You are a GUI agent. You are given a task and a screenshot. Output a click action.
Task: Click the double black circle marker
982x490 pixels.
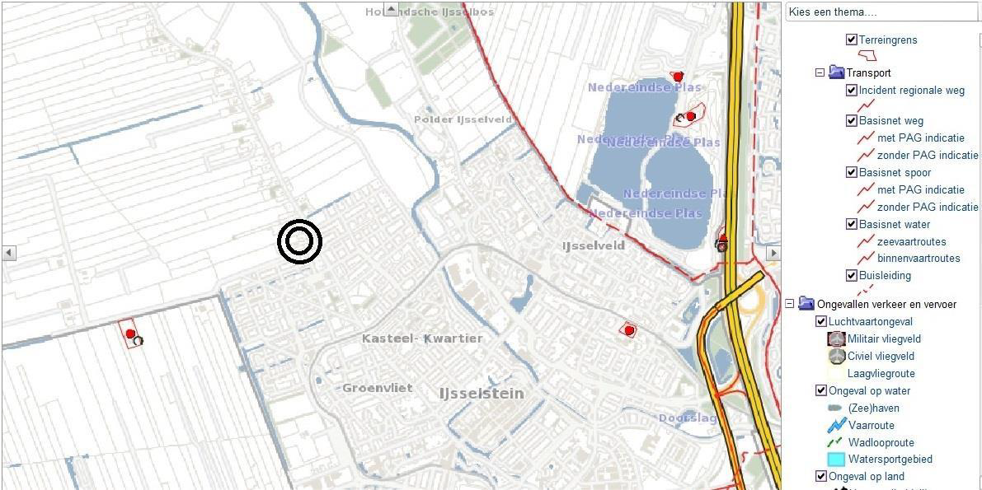299,241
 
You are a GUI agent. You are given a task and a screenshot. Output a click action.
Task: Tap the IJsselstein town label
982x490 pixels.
482,393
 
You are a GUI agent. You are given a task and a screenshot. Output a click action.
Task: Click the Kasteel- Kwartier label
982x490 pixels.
422,338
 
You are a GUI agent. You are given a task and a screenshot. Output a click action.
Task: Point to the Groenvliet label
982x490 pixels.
377,388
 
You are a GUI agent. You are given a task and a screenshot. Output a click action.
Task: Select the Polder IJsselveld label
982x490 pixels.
463,119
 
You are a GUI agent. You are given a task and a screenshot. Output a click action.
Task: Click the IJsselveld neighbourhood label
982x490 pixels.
593,245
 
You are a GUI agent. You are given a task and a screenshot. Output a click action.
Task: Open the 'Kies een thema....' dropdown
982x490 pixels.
882,12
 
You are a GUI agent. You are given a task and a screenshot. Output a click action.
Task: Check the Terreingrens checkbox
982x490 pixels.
852,40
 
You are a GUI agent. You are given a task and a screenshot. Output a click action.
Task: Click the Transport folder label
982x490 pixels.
868,72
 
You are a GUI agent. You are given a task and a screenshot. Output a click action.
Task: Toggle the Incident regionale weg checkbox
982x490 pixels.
852,91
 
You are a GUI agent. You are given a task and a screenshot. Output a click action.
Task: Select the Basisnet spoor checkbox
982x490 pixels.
852,172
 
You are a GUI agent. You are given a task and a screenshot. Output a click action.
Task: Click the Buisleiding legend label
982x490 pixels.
885,276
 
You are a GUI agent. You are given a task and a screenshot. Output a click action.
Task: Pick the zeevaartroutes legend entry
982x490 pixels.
911,241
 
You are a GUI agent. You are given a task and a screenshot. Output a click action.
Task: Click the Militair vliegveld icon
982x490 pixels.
836,338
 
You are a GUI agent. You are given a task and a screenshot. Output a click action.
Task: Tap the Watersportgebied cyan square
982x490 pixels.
835,460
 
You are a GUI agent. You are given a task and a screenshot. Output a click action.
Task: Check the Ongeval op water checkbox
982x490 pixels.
821,390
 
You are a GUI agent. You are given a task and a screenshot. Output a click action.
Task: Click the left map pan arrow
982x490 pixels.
8,253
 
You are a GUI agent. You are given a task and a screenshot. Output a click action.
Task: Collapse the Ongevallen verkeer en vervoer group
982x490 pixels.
790,304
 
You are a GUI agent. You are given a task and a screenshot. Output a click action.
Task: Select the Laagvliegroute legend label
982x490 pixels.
881,373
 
